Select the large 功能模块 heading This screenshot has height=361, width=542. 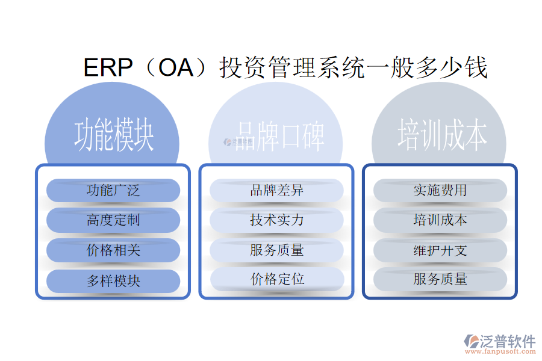(113, 136)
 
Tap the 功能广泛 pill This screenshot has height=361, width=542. (113, 191)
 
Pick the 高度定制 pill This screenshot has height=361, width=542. (113, 220)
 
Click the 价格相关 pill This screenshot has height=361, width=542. (113, 250)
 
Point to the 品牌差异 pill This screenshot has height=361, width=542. (276, 191)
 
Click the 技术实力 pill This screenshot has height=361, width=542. (276, 220)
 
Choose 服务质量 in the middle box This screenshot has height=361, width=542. (276, 250)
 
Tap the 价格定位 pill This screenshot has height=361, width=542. (276, 279)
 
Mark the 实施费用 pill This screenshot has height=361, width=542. (440, 191)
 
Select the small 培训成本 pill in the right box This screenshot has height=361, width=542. (440, 220)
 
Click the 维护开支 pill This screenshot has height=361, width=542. (440, 250)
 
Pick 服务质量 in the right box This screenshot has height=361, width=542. (440, 279)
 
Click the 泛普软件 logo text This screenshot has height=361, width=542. (507, 341)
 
